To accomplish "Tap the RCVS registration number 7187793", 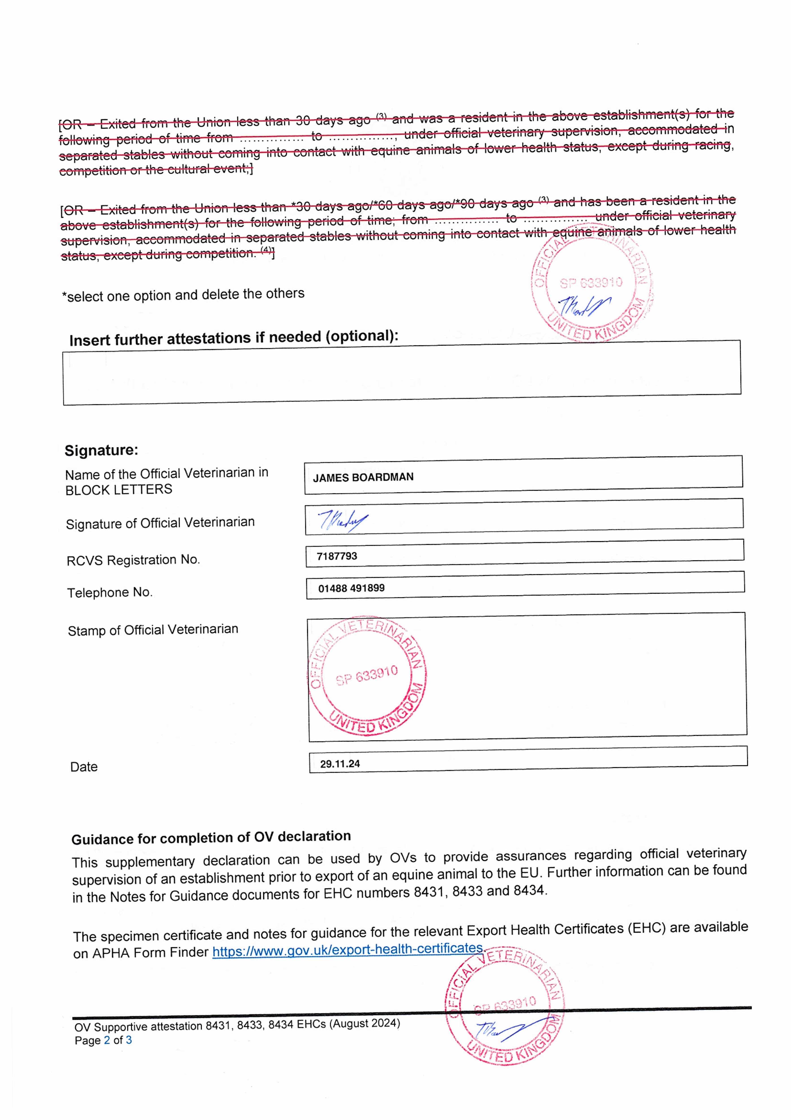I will click(337, 556).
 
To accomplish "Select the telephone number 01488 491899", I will click(351, 588).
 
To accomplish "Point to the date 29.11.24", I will click(340, 764).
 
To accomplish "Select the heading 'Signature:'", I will click(101, 450).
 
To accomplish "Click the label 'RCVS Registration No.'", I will click(133, 560).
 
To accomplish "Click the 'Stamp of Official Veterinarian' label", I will click(153, 630).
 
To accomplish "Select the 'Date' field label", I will click(84, 767).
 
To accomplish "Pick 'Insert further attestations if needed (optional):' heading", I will click(234, 338).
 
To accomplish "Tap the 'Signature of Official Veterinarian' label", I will click(160, 523).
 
